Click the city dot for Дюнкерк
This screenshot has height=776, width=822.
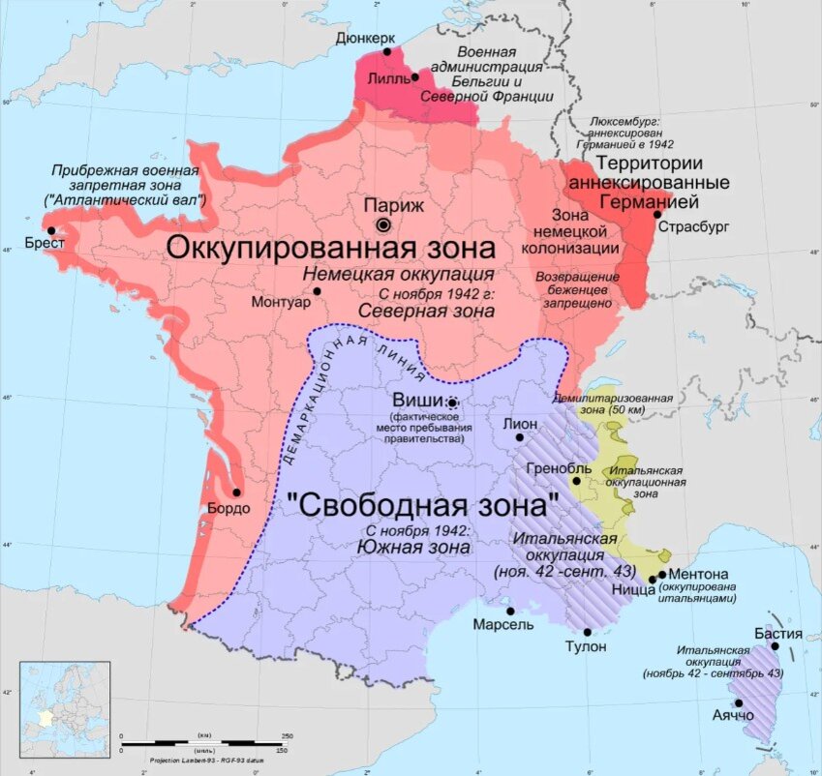coord(387,52)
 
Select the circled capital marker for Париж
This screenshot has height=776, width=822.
coord(383,224)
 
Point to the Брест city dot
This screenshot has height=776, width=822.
coord(50,230)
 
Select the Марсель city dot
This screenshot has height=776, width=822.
coord(510,611)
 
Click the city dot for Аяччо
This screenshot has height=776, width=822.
coord(739,703)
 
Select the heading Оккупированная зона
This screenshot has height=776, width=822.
coord(339,247)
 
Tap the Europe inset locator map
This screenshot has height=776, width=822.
coord(65,705)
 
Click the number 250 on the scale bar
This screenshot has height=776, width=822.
coord(287,736)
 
